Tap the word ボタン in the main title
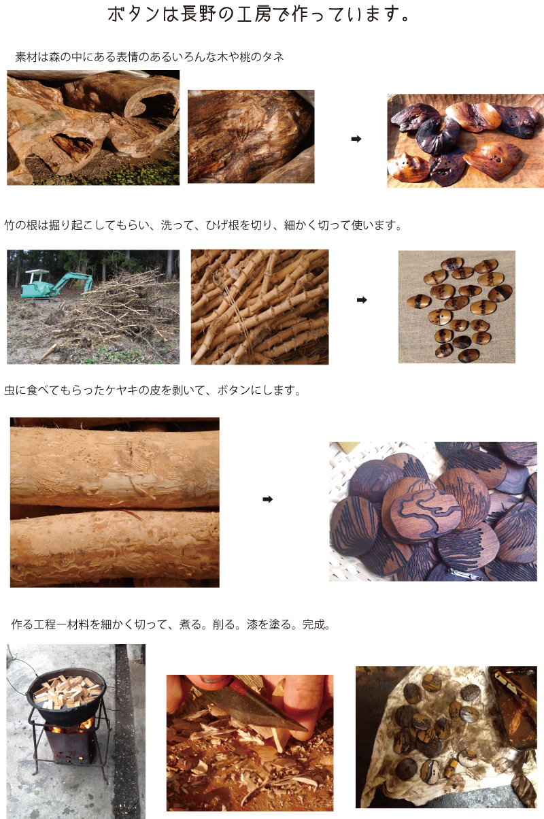(133, 15)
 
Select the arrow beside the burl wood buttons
(356, 139)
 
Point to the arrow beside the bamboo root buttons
(362, 300)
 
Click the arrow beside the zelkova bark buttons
(268, 499)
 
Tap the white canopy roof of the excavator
(37, 272)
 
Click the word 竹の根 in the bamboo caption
(21, 225)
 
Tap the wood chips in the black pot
(67, 689)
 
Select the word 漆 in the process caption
(252, 625)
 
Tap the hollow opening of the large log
(158, 106)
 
